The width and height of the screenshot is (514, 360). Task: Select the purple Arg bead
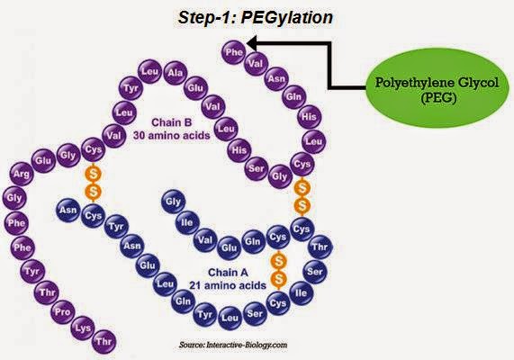click(x=21, y=172)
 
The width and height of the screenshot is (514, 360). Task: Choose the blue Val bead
click(x=203, y=240)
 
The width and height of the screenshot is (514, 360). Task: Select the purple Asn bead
click(x=278, y=76)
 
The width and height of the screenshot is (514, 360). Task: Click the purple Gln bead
click(x=293, y=97)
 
